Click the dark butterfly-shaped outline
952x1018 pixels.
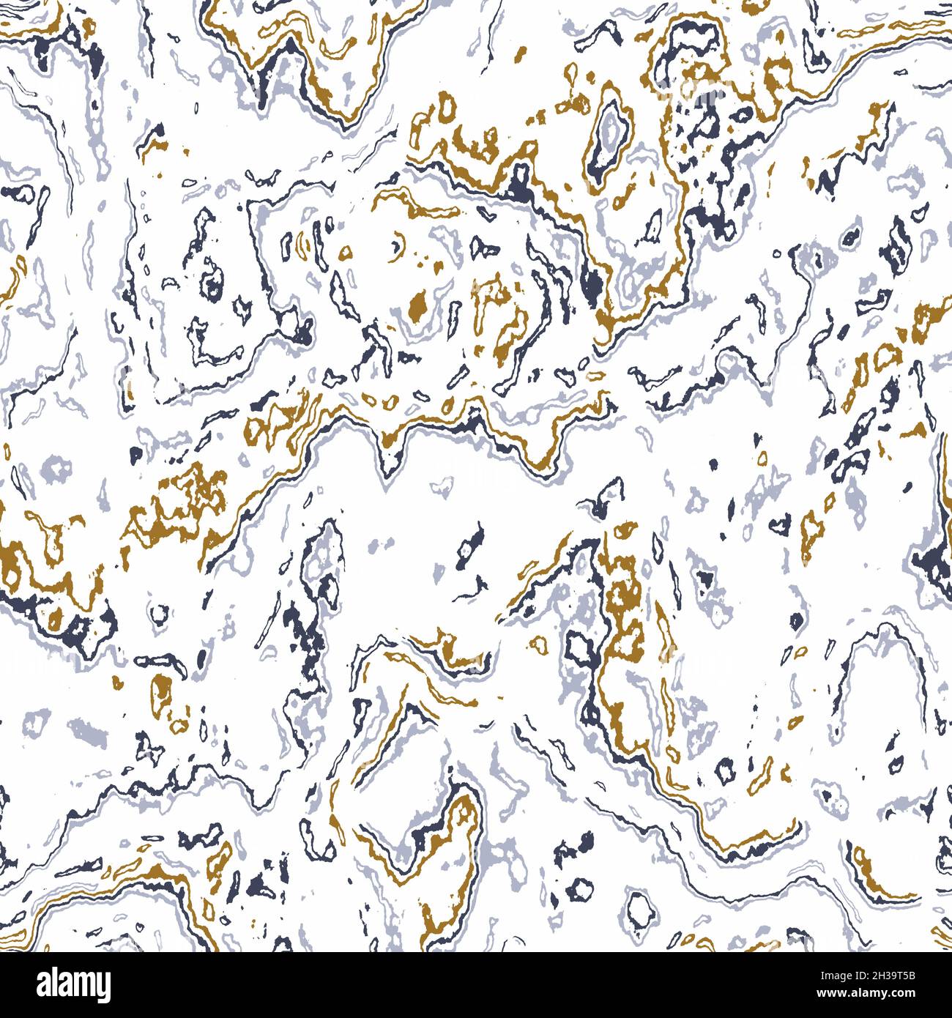153,748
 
